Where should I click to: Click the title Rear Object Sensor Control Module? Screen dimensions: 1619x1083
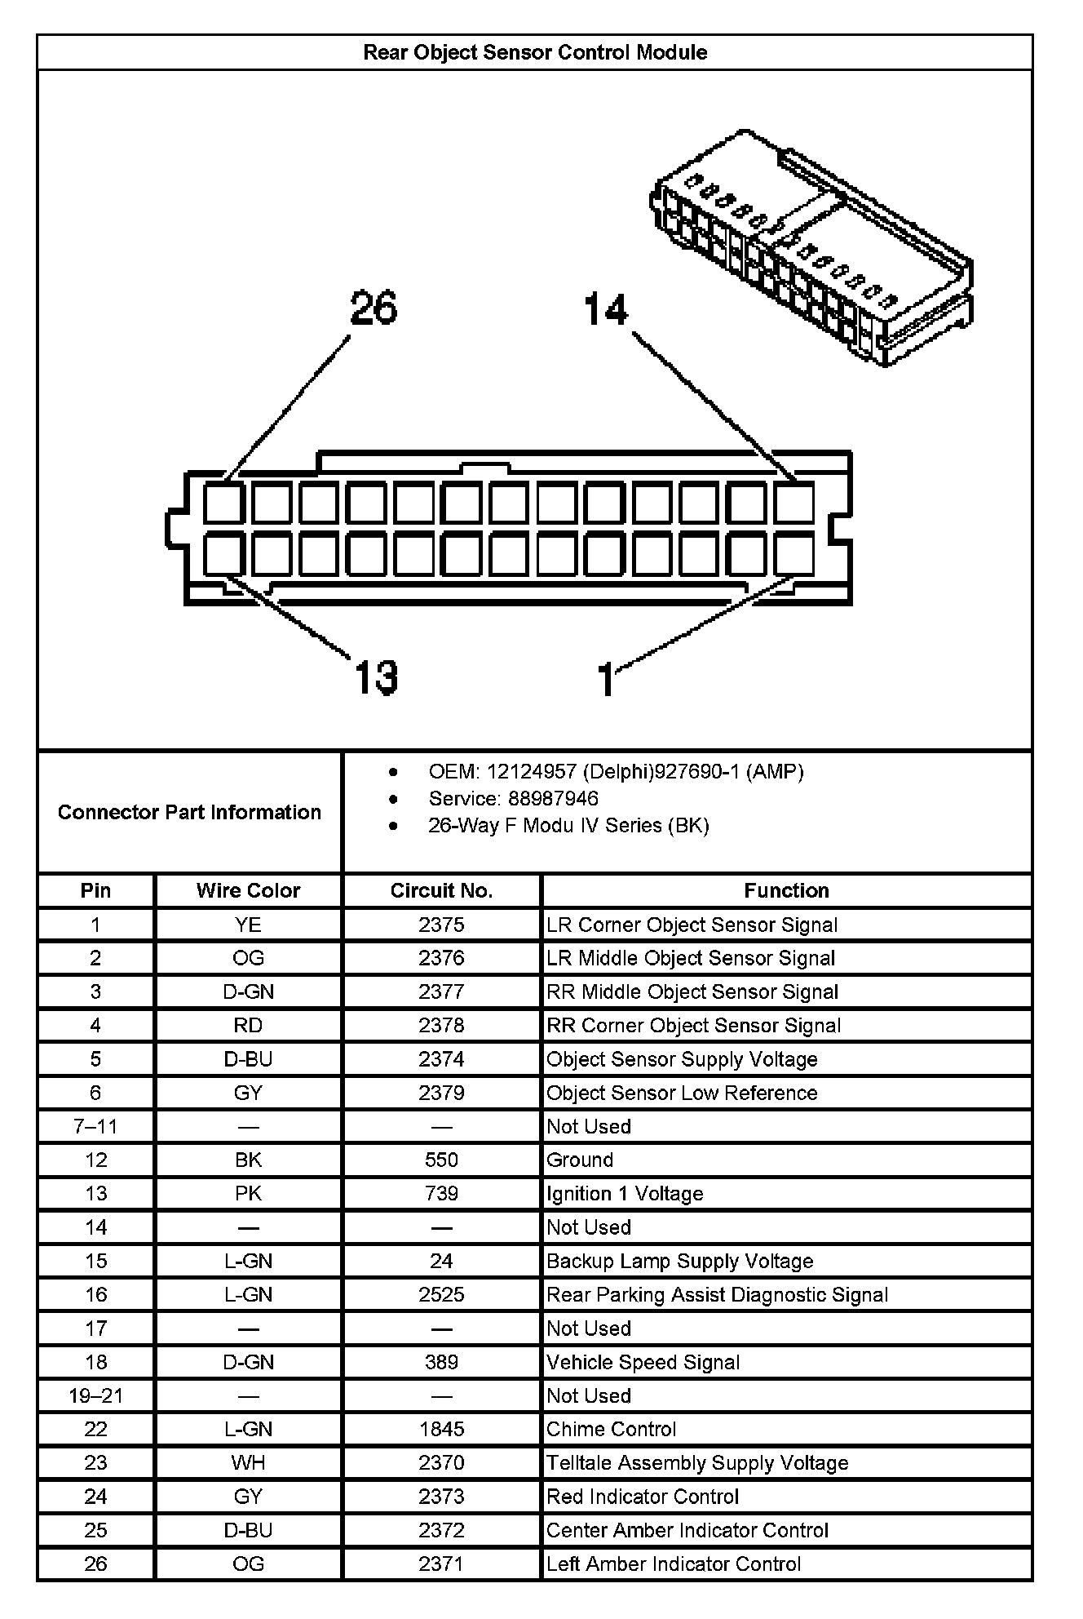pyautogui.click(x=535, y=53)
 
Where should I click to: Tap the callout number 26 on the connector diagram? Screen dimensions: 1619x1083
pyautogui.click(x=374, y=308)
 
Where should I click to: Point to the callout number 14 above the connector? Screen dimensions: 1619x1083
pyautogui.click(x=606, y=310)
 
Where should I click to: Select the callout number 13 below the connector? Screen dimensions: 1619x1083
pyautogui.click(x=376, y=677)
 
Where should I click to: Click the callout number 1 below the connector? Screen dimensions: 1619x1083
pyautogui.click(x=606, y=680)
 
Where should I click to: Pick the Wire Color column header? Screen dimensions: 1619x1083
pyautogui.click(x=248, y=890)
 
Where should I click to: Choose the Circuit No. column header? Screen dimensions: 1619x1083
pyautogui.click(x=441, y=890)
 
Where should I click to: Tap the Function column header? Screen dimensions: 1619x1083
pyautogui.click(x=786, y=890)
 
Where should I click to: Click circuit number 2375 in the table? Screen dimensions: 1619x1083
pyautogui.click(x=441, y=925)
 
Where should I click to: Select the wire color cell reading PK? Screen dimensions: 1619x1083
pyautogui.click(x=248, y=1194)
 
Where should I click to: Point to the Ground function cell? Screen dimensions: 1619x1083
pyautogui.click(x=580, y=1160)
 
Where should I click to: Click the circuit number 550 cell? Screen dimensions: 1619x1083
pyautogui.click(x=441, y=1160)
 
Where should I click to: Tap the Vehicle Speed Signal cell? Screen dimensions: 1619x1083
pyautogui.click(x=643, y=1362)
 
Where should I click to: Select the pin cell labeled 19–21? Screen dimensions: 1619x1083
pyautogui.click(x=95, y=1395)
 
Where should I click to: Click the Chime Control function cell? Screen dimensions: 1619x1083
pyautogui.click(x=611, y=1429)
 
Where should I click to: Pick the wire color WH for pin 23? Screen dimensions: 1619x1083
pyautogui.click(x=248, y=1463)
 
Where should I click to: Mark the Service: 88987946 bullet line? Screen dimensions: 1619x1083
pyautogui.click(x=513, y=799)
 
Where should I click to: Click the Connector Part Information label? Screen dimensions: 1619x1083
pyautogui.click(x=189, y=812)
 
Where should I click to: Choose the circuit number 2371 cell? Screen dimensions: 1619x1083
pyautogui.click(x=441, y=1564)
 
